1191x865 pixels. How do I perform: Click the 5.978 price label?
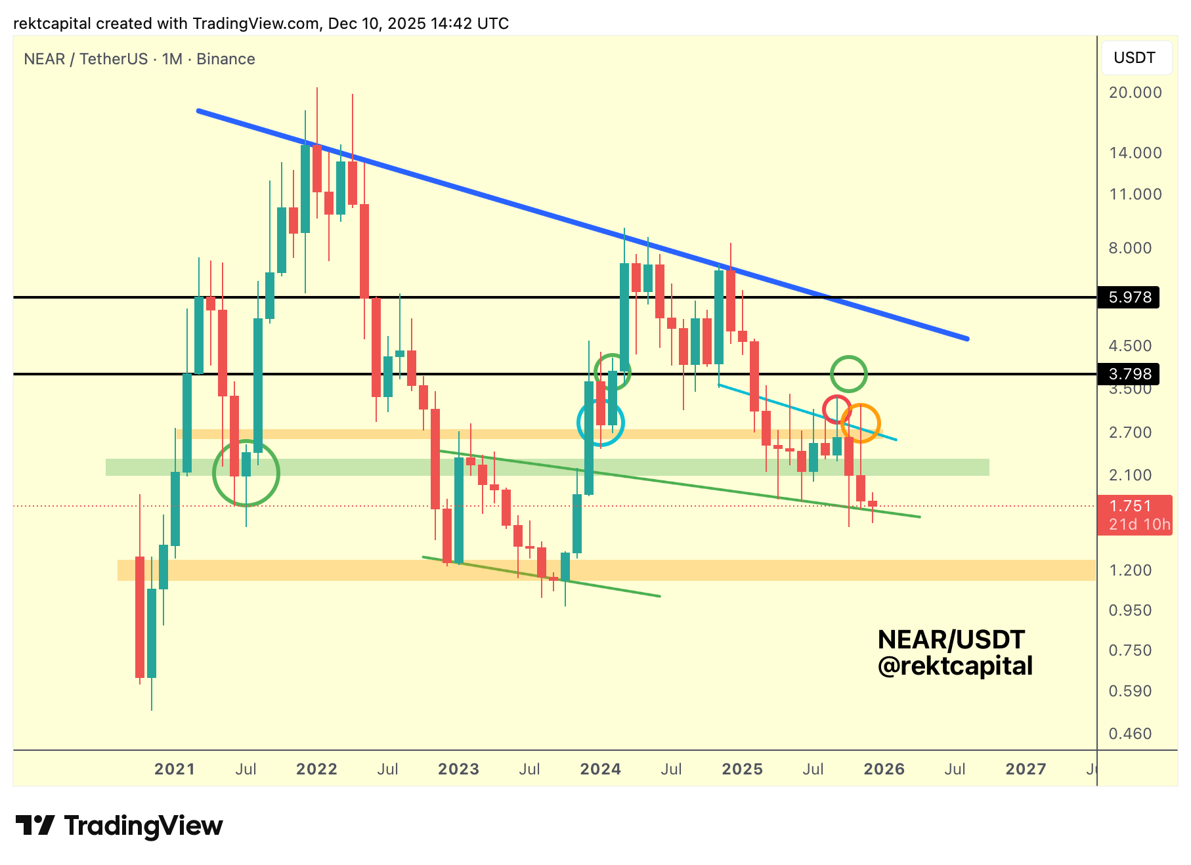pyautogui.click(x=1129, y=297)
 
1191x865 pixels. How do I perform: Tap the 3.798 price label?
pyautogui.click(x=1129, y=374)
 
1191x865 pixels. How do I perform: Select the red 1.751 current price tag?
pyautogui.click(x=1134, y=515)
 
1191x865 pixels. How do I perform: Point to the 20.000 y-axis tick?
pyautogui.click(x=1135, y=93)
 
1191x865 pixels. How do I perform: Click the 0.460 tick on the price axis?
pyautogui.click(x=1130, y=734)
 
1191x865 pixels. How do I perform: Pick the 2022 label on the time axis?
pyautogui.click(x=316, y=769)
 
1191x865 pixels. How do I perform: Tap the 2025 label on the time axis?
pyautogui.click(x=742, y=769)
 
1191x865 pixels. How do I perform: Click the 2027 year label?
pyautogui.click(x=1026, y=769)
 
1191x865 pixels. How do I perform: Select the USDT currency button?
pyautogui.click(x=1134, y=58)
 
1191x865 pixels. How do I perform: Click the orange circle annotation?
pyautogui.click(x=860, y=423)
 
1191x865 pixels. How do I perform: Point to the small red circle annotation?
pyautogui.click(x=837, y=410)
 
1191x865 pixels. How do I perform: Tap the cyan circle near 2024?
pyautogui.click(x=601, y=423)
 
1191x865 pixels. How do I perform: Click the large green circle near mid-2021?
pyautogui.click(x=246, y=473)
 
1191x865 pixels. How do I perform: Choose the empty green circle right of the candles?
pyautogui.click(x=849, y=374)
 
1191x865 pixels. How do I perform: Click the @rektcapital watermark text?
pyautogui.click(x=955, y=666)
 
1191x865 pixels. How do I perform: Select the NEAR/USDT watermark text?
pyautogui.click(x=951, y=639)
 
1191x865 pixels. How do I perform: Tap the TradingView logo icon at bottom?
pyautogui.click(x=35, y=825)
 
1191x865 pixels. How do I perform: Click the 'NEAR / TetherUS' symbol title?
pyautogui.click(x=85, y=59)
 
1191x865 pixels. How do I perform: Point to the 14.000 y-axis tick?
pyautogui.click(x=1135, y=153)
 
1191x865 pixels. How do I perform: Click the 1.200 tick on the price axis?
pyautogui.click(x=1130, y=570)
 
